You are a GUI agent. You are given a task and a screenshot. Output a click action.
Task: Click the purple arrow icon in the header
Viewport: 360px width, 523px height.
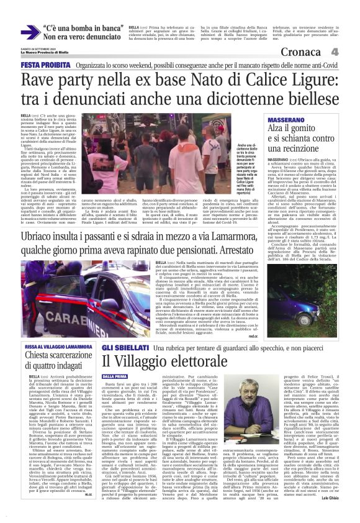[29, 32]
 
